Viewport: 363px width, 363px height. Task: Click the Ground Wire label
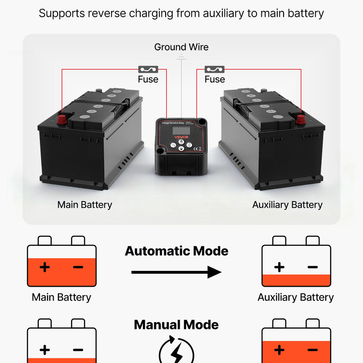181,47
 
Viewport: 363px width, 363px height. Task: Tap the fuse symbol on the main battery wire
148,69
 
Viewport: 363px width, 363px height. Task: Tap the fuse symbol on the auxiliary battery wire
215,69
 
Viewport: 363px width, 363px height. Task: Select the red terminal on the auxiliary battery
300,119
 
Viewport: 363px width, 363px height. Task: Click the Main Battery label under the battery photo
84,205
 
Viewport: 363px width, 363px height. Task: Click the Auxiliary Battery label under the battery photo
287,205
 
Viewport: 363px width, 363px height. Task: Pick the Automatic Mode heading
177,251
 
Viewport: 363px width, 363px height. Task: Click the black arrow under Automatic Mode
177,272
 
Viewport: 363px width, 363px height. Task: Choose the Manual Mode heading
177,325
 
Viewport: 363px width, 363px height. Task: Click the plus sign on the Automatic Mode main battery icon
44,267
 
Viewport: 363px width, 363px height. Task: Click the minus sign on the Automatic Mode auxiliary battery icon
313,267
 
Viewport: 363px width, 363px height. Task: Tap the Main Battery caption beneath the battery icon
61,298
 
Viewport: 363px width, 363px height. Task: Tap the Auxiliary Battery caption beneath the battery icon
295,298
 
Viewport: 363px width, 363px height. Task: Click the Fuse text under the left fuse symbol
148,79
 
